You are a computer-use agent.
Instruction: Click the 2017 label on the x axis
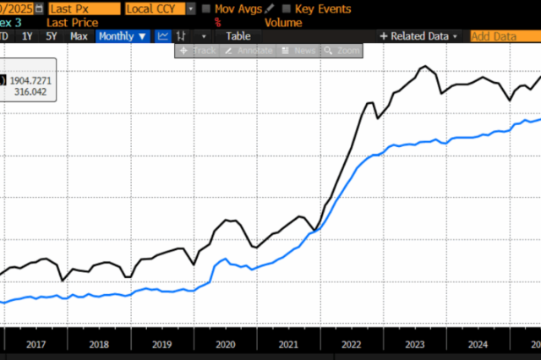pyautogui.click(x=36, y=344)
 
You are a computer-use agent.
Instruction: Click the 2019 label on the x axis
pyautogui.click(x=161, y=344)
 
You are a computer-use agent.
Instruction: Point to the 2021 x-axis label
pyautogui.click(x=288, y=344)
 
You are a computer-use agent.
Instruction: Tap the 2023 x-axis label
pyautogui.click(x=414, y=344)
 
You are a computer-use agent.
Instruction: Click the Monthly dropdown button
pyautogui.click(x=123, y=36)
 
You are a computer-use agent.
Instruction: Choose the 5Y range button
pyautogui.click(x=52, y=36)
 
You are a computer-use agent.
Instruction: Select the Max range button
pyautogui.click(x=79, y=36)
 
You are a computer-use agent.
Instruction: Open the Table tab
pyautogui.click(x=238, y=36)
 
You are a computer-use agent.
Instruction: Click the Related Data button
pyautogui.click(x=419, y=36)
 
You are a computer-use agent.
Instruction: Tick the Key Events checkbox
pyautogui.click(x=286, y=8)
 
